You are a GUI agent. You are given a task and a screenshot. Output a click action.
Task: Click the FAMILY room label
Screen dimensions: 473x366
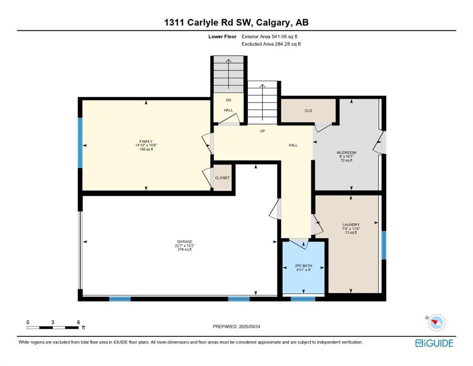[x=146, y=141]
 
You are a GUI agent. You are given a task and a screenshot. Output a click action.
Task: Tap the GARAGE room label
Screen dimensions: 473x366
[x=185, y=242]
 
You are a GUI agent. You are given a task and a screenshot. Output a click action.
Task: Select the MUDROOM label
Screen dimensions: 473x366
[x=346, y=152]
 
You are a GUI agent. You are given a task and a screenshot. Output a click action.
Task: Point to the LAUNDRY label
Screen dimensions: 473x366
[x=351, y=224]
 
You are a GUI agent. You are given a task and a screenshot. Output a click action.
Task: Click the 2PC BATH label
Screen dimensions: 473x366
[x=303, y=266]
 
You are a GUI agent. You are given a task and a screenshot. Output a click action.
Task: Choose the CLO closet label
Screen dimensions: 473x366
[x=308, y=111]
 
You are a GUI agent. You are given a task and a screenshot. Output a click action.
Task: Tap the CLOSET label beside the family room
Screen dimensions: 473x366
[x=222, y=178]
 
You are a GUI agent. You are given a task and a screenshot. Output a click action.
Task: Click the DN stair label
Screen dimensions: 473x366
[x=228, y=100]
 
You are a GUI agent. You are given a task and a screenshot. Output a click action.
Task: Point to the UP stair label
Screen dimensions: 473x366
[x=262, y=131]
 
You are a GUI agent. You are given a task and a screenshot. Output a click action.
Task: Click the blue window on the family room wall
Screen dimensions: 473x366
[x=80, y=142]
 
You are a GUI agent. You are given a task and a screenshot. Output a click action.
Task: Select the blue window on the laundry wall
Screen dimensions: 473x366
[x=384, y=245]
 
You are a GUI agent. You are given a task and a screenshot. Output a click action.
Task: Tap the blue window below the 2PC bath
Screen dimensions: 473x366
[x=303, y=299]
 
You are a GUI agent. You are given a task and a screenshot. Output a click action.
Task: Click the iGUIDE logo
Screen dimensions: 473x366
[x=434, y=343]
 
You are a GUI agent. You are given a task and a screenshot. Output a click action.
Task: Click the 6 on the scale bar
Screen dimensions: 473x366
[x=79, y=322]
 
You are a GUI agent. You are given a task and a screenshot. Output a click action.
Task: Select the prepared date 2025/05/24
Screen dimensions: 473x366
[x=249, y=326]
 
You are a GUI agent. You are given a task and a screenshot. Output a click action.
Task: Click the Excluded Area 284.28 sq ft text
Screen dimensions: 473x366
[x=271, y=44]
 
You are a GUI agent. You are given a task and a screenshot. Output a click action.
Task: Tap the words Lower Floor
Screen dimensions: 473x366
[x=222, y=37]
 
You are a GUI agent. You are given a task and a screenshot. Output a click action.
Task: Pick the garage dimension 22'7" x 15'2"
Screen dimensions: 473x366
[x=185, y=245]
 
